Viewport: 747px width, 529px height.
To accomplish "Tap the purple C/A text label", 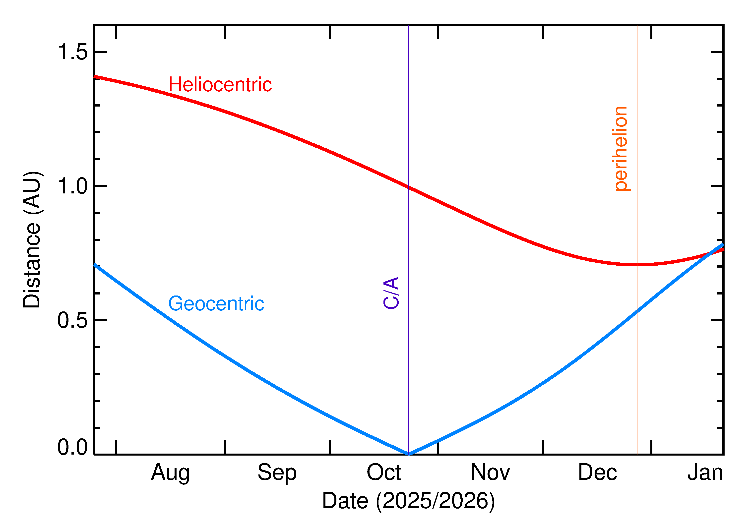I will point(391,293).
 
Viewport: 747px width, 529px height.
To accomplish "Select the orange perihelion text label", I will point(621,149).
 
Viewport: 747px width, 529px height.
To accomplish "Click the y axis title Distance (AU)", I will point(32,239).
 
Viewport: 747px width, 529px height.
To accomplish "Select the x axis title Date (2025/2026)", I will point(408,501).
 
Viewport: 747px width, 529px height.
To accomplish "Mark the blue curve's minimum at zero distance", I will point(409,454).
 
